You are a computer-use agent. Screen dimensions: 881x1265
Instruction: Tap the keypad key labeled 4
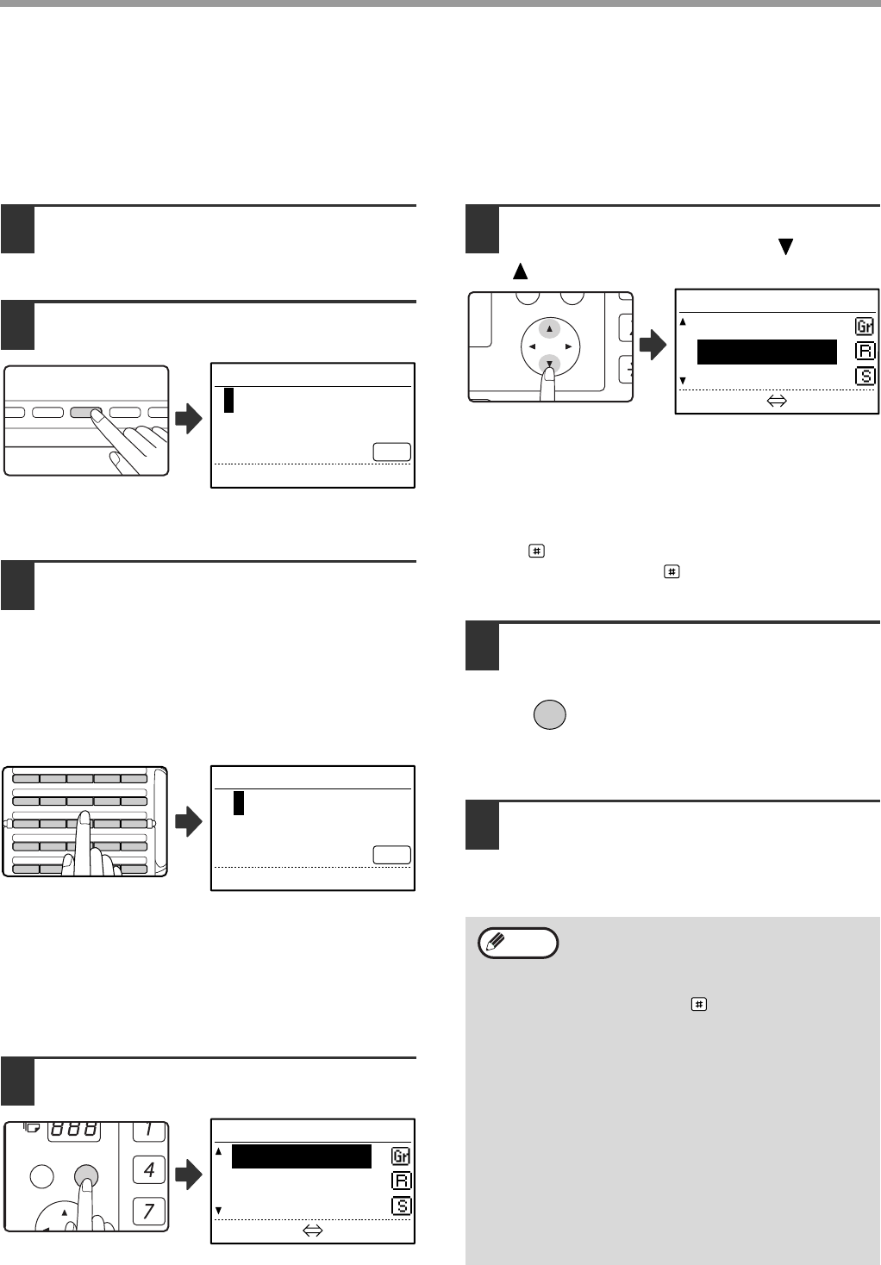pyautogui.click(x=148, y=1169)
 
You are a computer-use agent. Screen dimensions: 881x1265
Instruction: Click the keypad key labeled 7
pyautogui.click(x=148, y=1211)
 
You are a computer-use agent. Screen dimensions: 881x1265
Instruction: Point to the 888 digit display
pyautogui.click(x=74, y=1130)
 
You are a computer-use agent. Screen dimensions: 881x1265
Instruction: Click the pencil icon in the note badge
pyautogui.click(x=496, y=941)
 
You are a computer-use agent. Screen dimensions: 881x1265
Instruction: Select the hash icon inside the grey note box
pyautogui.click(x=698, y=1004)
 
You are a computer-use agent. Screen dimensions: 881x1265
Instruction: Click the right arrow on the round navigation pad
pyautogui.click(x=568, y=346)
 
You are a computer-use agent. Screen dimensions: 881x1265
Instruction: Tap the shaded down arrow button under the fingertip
pyautogui.click(x=549, y=364)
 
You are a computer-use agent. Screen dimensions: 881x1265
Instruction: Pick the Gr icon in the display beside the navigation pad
pyautogui.click(x=865, y=327)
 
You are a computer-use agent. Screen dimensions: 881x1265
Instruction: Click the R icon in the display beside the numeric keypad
pyautogui.click(x=401, y=1181)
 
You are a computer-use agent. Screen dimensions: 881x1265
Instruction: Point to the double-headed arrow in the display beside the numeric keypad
pyautogui.click(x=313, y=1231)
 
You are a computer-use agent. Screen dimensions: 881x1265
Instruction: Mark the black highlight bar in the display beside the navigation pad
pyautogui.click(x=767, y=352)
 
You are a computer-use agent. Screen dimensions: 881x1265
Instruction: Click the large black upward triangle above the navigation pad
pyautogui.click(x=520, y=271)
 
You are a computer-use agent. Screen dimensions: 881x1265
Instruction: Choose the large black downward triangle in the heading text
pyautogui.click(x=785, y=246)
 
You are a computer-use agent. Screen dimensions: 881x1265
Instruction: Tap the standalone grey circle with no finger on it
pyautogui.click(x=550, y=714)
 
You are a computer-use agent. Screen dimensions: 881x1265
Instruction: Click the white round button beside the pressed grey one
pyautogui.click(x=42, y=1176)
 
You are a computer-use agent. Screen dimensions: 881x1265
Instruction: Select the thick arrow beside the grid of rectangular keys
pyautogui.click(x=189, y=821)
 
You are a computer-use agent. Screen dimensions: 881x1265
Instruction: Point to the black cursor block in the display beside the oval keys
pyautogui.click(x=228, y=400)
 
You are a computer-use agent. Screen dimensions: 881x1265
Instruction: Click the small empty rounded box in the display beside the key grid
pyautogui.click(x=391, y=855)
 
